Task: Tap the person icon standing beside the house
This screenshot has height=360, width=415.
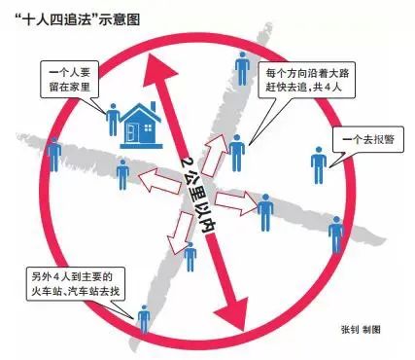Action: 113,119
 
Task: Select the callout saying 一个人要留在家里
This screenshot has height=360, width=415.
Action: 73,79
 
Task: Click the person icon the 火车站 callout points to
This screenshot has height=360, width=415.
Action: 144,321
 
